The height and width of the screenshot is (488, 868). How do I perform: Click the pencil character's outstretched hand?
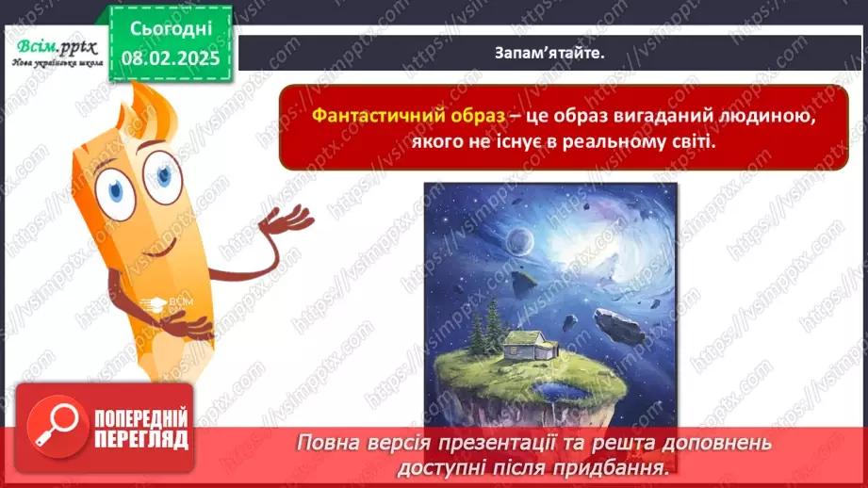point(287,221)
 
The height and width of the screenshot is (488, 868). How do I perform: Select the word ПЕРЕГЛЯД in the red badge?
point(140,439)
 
